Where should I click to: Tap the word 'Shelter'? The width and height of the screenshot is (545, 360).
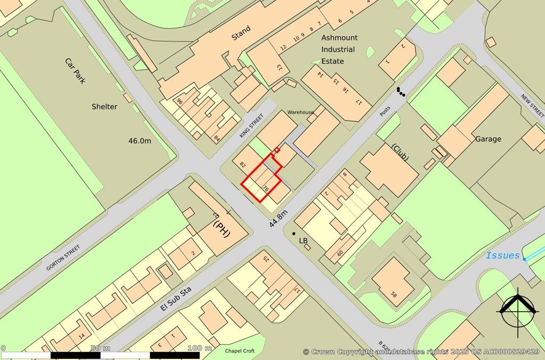click(x=104, y=106)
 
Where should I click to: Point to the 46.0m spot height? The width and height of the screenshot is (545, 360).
click(x=140, y=141)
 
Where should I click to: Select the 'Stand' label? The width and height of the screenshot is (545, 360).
click(x=241, y=37)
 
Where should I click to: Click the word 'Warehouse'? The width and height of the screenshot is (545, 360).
click(x=301, y=113)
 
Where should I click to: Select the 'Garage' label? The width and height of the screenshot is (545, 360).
click(x=488, y=139)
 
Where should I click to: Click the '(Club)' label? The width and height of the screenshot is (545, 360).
click(x=400, y=153)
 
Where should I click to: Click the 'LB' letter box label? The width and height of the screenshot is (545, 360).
click(x=303, y=241)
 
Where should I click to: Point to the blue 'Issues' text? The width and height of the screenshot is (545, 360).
click(x=502, y=256)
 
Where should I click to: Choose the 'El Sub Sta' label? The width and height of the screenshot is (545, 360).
click(x=175, y=300)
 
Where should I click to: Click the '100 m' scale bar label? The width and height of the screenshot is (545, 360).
click(x=200, y=348)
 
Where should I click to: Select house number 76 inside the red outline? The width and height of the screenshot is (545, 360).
click(x=265, y=188)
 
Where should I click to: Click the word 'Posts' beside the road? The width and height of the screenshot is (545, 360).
click(x=385, y=111)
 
